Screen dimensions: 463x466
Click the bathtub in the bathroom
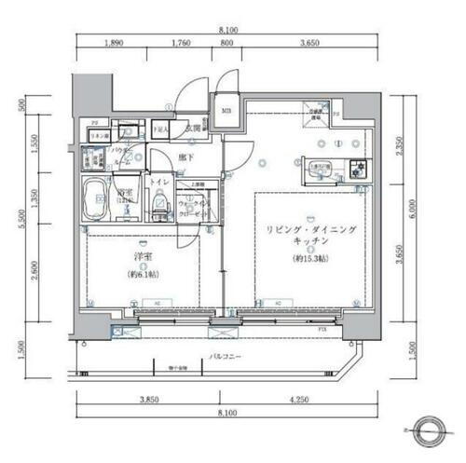[x=95, y=198]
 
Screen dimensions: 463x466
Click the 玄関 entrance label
[x=193, y=129]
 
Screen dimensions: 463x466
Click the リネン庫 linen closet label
[x=96, y=136]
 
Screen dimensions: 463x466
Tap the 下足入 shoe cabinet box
[x=160, y=129]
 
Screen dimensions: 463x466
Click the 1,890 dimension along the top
[x=114, y=42]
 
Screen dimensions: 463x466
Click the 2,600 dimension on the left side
[x=35, y=268]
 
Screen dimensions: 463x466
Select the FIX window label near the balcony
[x=322, y=329]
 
